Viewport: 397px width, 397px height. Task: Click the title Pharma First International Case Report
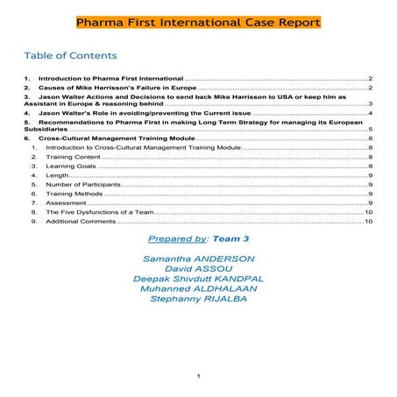[198, 21]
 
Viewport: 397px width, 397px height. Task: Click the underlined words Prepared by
[179, 239]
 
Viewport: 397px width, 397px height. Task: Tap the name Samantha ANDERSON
[198, 259]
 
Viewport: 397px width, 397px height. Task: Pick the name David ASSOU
[198, 269]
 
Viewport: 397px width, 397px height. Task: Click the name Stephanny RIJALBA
[198, 299]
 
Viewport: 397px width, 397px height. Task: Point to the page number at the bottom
[199, 377]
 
